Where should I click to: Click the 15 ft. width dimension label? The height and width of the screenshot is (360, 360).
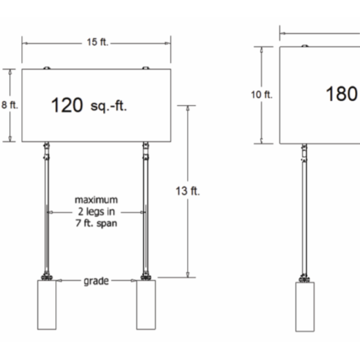[x=97, y=43]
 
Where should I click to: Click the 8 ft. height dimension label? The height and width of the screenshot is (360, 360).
[x=9, y=105]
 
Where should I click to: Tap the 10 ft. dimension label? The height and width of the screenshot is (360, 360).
[x=262, y=95]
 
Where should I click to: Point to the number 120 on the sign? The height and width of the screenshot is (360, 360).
[x=67, y=105]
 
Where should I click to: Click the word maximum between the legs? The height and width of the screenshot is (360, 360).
[x=96, y=201]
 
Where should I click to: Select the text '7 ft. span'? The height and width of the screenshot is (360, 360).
[x=96, y=225]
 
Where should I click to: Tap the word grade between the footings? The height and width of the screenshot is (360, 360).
[x=96, y=281]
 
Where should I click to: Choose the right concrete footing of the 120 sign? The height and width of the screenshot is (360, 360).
[x=147, y=305]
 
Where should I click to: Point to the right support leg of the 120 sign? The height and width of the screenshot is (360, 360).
[x=146, y=208]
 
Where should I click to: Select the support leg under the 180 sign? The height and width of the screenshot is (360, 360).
[x=304, y=208]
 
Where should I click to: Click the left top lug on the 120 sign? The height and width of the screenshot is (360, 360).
[x=46, y=68]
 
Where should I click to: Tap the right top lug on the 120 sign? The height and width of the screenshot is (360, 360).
[x=146, y=68]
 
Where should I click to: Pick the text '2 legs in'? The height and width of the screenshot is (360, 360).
[x=96, y=213]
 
